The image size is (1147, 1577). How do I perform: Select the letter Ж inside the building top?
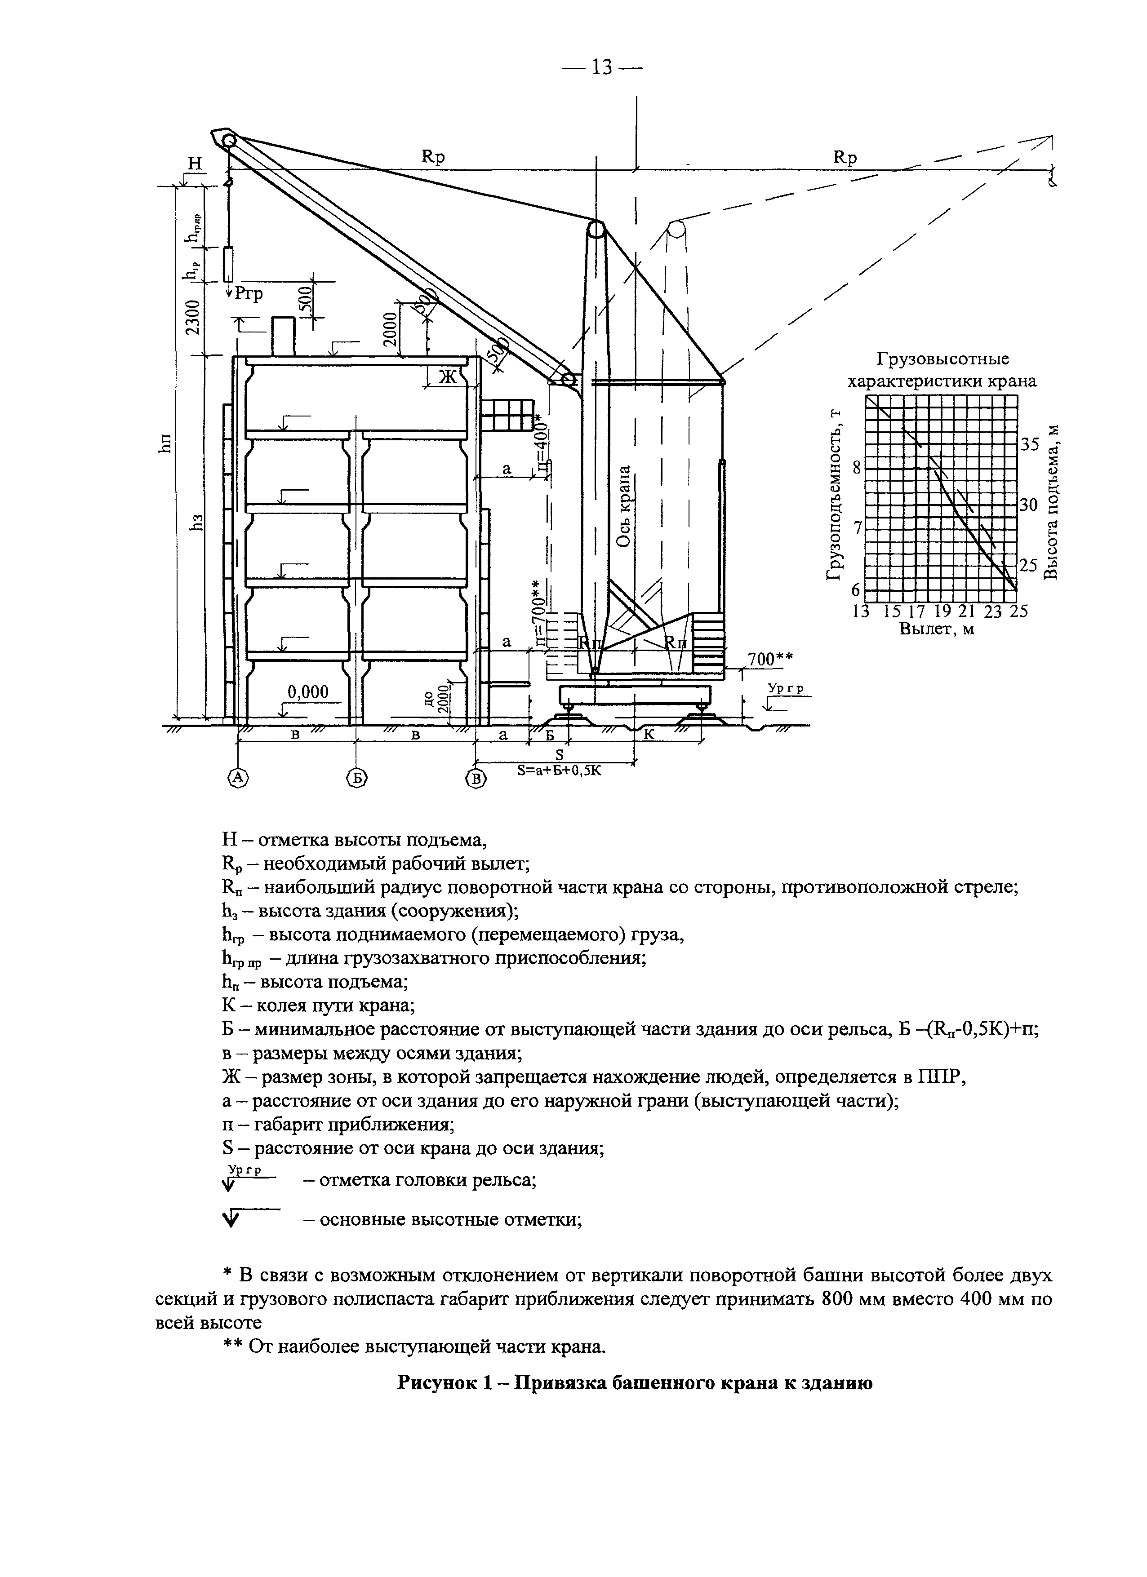pyautogui.click(x=447, y=376)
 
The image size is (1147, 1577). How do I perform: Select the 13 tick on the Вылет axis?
pyautogui.click(x=861, y=611)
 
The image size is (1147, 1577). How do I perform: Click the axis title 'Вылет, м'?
pyautogui.click(x=936, y=629)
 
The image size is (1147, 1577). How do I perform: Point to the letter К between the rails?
pyautogui.click(x=648, y=734)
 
